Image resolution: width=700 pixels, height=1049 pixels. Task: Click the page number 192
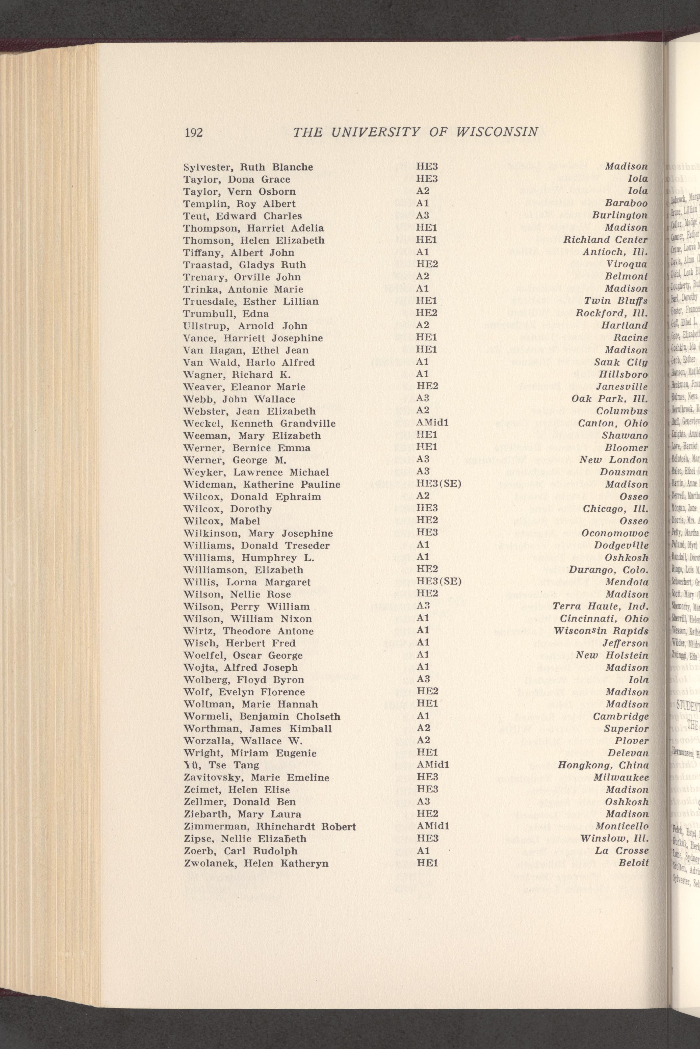[194, 133]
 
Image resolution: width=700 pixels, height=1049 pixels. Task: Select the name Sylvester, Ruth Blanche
[248, 167]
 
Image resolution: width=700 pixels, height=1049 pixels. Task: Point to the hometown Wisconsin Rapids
[601, 631]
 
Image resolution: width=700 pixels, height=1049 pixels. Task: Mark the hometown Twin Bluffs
[616, 301]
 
